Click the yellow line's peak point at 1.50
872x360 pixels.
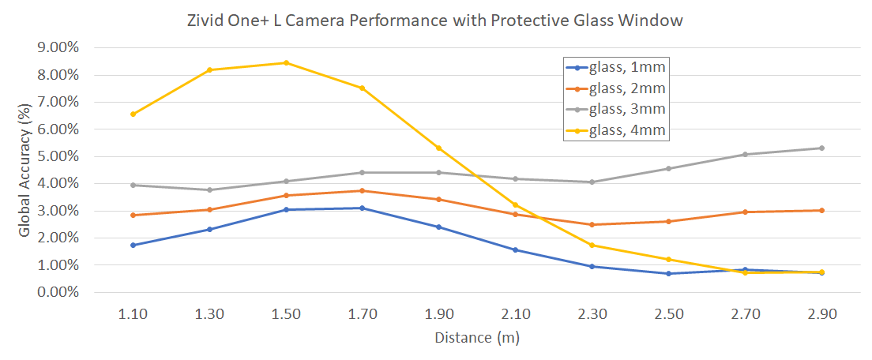click(x=286, y=62)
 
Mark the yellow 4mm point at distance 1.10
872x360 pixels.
click(x=133, y=114)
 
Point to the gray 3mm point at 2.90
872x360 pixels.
click(x=821, y=148)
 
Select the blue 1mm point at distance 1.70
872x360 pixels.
click(x=363, y=208)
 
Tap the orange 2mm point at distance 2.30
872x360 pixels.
click(x=592, y=224)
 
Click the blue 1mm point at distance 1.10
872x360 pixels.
click(x=133, y=245)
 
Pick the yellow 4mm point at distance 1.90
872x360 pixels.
click(x=438, y=148)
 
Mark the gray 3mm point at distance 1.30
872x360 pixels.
click(x=209, y=189)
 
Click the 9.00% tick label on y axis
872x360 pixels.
click(x=58, y=47)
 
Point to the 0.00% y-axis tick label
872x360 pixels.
click(x=58, y=292)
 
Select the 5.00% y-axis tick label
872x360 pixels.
click(x=58, y=156)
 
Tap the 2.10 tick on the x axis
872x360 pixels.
click(x=515, y=314)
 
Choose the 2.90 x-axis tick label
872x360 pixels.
click(x=821, y=314)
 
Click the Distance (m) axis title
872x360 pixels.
click(x=476, y=338)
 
